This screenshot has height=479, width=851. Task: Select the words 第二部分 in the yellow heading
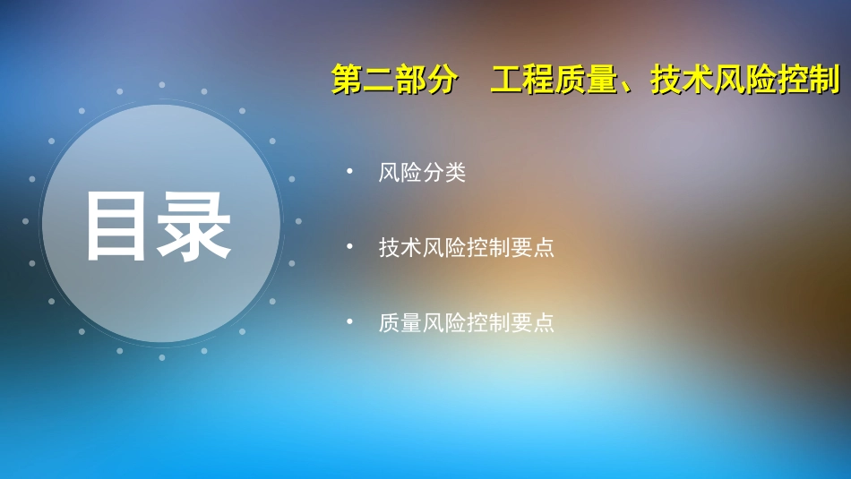click(394, 81)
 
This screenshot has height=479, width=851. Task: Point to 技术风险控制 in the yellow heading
click(745, 81)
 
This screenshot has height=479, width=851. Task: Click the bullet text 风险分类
click(422, 173)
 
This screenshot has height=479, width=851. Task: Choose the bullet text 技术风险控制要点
click(466, 248)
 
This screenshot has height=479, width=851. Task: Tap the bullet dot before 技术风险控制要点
click(350, 246)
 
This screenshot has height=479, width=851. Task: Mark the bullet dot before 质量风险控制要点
click(350, 321)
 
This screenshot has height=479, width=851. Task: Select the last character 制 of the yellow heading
click(824, 81)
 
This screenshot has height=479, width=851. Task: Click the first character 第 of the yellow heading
click(347, 81)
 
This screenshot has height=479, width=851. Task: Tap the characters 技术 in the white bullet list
click(400, 248)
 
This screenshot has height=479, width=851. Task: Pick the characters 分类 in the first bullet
click(444, 173)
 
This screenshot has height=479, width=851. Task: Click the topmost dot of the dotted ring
click(162, 85)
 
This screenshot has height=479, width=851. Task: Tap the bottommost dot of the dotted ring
click(162, 356)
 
